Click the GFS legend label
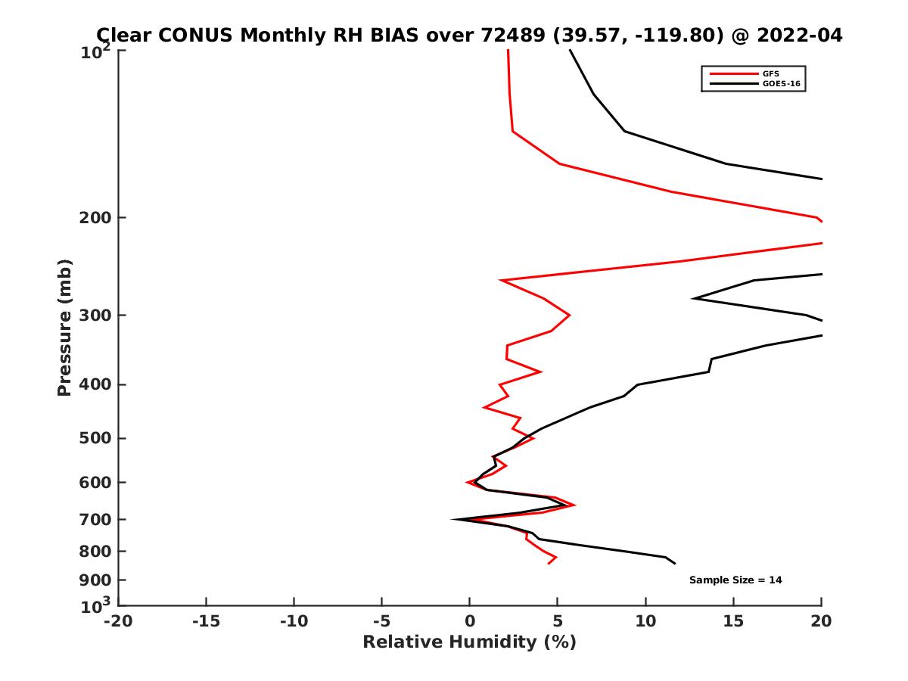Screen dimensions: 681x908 click(x=771, y=73)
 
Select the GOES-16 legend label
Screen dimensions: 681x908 click(x=781, y=84)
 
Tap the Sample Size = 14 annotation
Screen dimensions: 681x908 click(x=735, y=580)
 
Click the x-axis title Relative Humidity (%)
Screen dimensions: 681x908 click(x=469, y=642)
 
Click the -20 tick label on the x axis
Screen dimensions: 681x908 click(x=118, y=621)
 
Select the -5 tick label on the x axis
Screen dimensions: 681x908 click(x=381, y=621)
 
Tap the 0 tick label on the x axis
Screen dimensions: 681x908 click(x=469, y=621)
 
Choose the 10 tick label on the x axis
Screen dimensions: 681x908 click(x=645, y=621)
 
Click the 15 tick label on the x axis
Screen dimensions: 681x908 click(x=733, y=621)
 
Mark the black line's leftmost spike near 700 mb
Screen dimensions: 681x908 click(x=452, y=519)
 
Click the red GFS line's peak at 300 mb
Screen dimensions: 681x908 click(x=569, y=315)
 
